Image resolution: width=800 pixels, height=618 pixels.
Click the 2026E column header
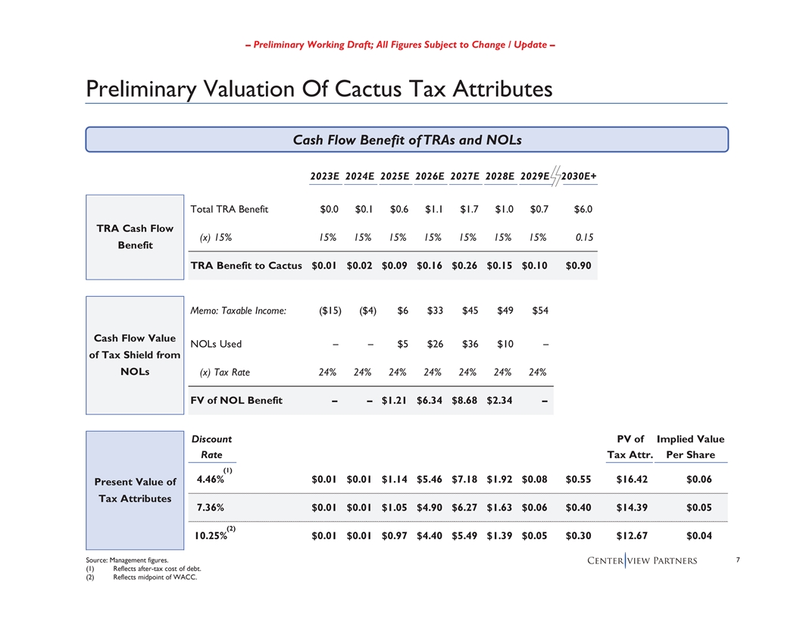coord(430,176)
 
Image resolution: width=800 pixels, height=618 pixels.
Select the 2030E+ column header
coord(580,176)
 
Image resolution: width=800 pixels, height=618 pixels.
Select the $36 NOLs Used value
coord(470,344)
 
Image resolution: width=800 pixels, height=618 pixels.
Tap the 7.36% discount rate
coord(211,507)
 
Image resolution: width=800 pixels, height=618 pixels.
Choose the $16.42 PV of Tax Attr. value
coord(630,479)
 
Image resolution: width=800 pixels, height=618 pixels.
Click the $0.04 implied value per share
coord(699,536)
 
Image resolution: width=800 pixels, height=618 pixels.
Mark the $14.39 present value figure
coord(630,507)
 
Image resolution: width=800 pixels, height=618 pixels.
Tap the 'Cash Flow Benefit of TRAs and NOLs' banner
coord(407,139)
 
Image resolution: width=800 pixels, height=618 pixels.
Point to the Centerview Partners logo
coord(642,561)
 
